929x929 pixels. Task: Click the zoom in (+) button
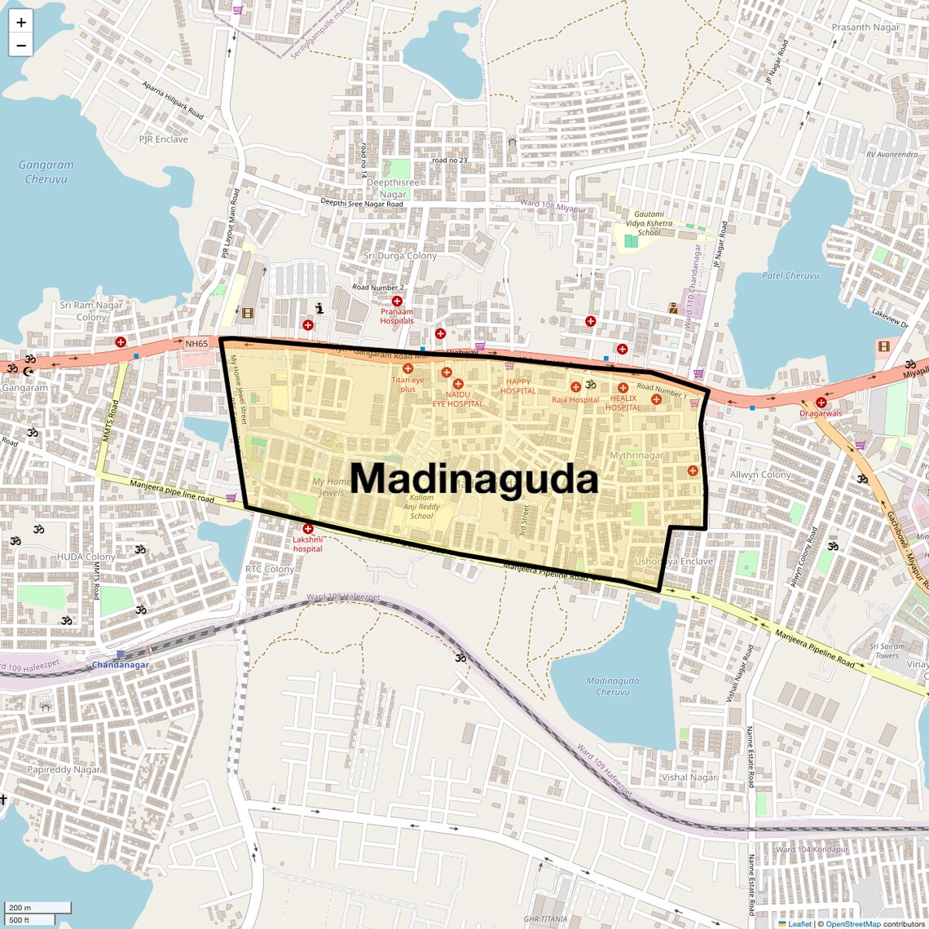[21, 22]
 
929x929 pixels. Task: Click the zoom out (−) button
[21, 46]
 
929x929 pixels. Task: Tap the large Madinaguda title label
[474, 479]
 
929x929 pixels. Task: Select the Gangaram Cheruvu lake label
[46, 171]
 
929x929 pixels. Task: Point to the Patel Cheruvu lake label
[790, 275]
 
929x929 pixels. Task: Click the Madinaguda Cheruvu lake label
[613, 686]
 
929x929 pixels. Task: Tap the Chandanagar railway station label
[121, 665]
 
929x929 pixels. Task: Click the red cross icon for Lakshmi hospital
[308, 529]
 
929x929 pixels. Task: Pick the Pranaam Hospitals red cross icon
[397, 302]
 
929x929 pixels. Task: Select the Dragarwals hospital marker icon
[821, 402]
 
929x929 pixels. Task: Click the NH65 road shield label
[196, 344]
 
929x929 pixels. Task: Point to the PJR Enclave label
[163, 139]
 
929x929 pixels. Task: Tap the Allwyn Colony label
[760, 474]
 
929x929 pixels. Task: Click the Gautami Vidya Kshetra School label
[649, 223]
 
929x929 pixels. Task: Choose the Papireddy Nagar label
[64, 769]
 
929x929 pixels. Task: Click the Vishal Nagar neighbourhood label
[689, 777]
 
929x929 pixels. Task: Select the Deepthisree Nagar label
[393, 188]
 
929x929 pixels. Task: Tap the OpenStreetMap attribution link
[852, 924]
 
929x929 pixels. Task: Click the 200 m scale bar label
[20, 908]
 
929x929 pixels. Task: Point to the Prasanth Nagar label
[865, 27]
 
